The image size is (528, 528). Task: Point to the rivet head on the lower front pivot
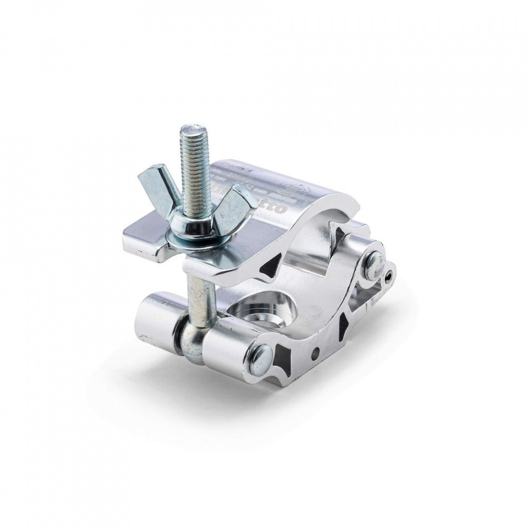coord(263,359)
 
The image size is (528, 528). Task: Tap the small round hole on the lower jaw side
coord(315,350)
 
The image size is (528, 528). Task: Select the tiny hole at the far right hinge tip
coord(390,272)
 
